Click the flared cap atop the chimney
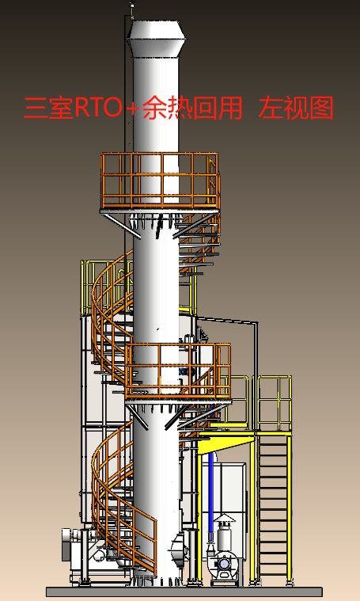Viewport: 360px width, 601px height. pos(156,38)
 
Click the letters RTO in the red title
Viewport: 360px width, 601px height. pos(98,108)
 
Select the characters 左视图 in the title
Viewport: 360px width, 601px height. pos(296,108)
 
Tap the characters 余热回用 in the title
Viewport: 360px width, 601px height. pos(192,108)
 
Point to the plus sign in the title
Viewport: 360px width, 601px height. pos(132,108)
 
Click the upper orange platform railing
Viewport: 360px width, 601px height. pos(161,181)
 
